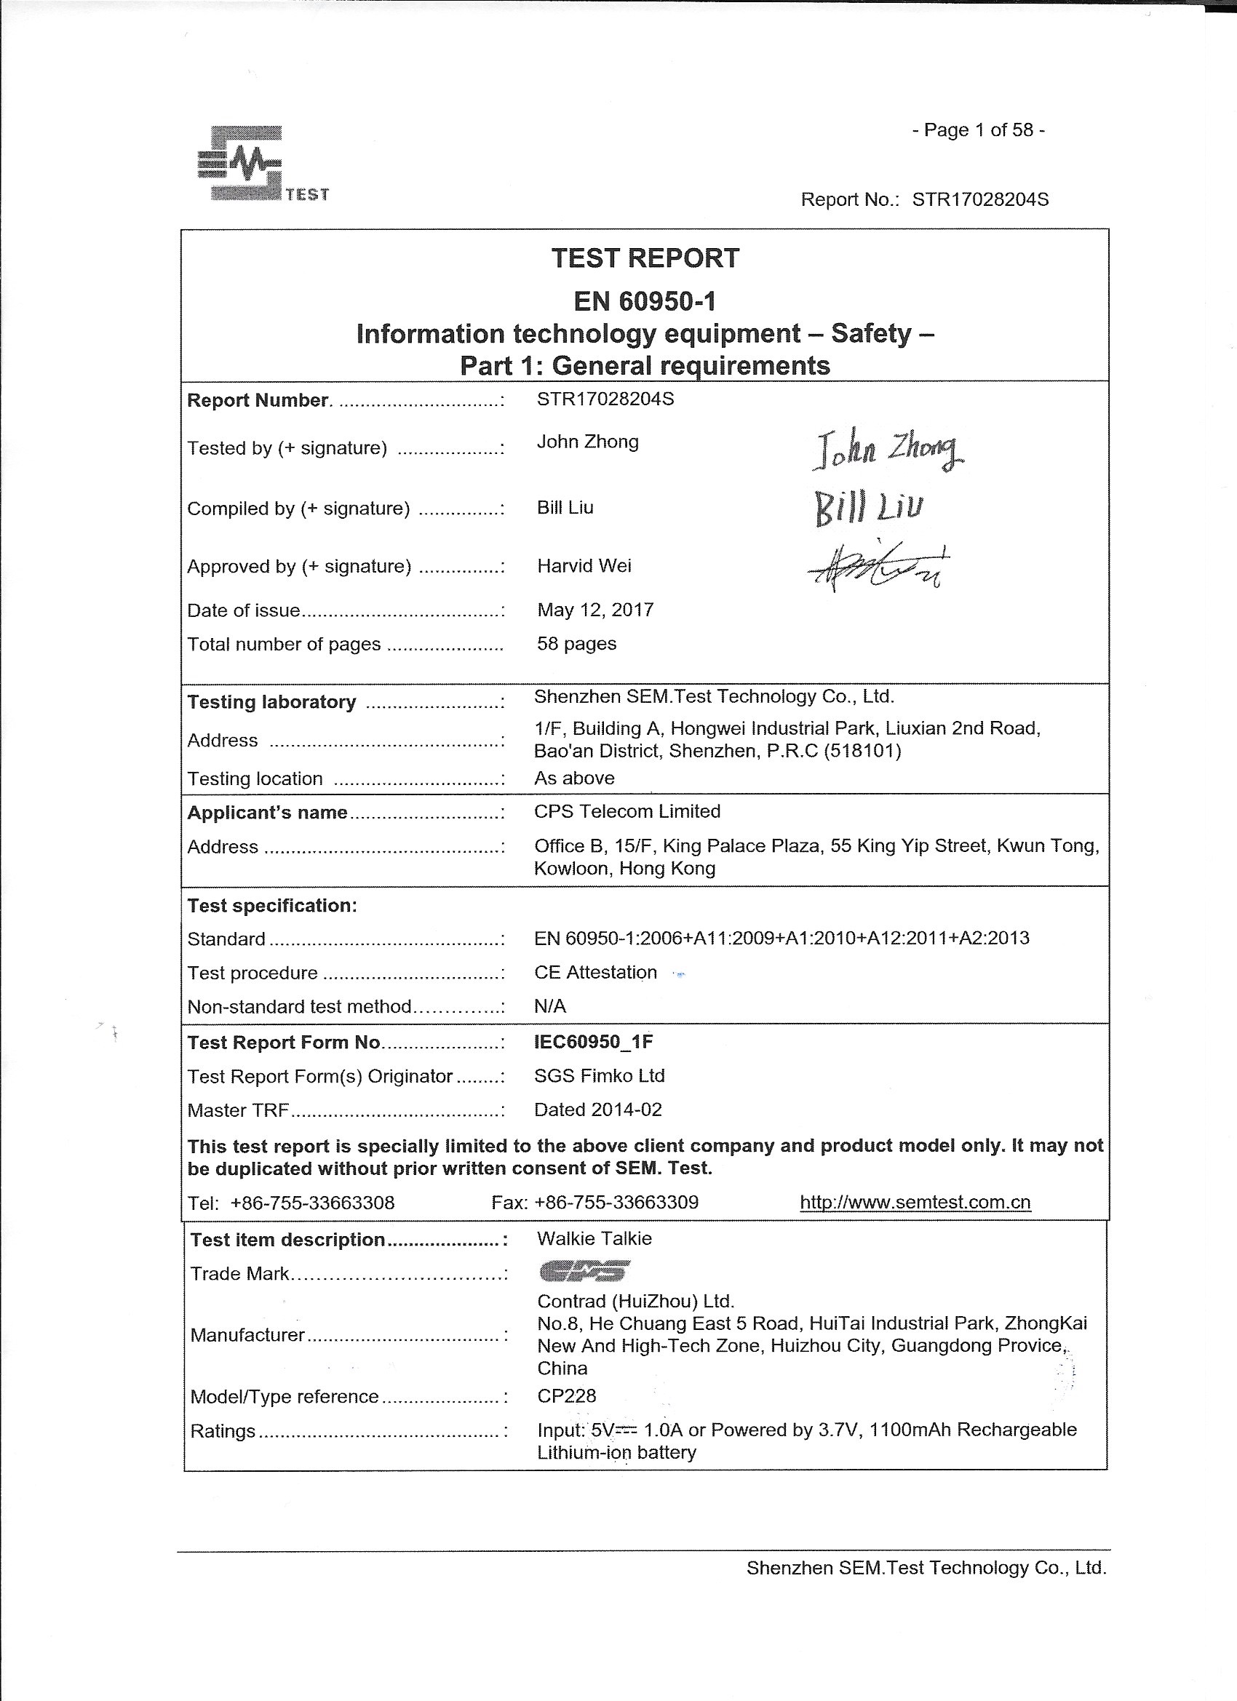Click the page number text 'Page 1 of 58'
tap(978, 130)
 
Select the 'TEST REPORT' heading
tap(645, 259)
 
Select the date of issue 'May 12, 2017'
tap(595, 610)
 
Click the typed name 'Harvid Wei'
tap(584, 566)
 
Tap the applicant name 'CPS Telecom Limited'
tap(627, 811)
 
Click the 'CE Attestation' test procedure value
tap(595, 973)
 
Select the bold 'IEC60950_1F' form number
tap(593, 1042)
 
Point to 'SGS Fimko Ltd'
tap(600, 1076)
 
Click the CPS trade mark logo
tap(584, 1270)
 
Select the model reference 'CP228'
tap(566, 1395)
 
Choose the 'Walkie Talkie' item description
tap(594, 1239)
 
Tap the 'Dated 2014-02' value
tap(598, 1110)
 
